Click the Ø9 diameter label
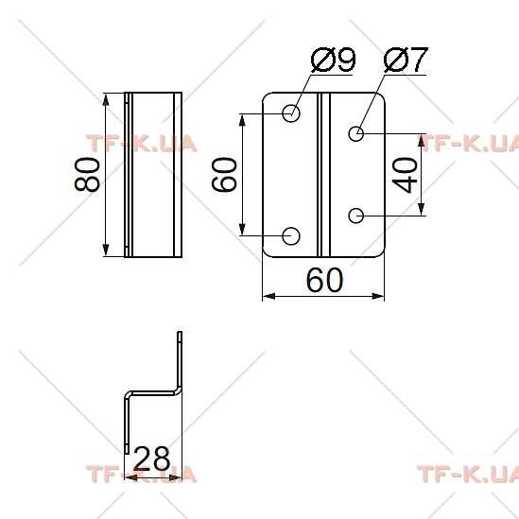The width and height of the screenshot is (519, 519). (334, 60)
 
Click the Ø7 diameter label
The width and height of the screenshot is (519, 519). (406, 60)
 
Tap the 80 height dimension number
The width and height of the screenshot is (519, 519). (87, 175)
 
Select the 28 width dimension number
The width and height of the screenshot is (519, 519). (152, 458)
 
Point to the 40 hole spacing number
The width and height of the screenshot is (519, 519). (405, 175)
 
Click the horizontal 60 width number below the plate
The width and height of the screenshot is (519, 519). (324, 280)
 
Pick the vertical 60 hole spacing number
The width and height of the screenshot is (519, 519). (224, 175)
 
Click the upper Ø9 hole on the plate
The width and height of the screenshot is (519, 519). (291, 113)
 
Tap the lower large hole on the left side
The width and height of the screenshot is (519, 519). (291, 236)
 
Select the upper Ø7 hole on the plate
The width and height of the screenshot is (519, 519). (356, 133)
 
